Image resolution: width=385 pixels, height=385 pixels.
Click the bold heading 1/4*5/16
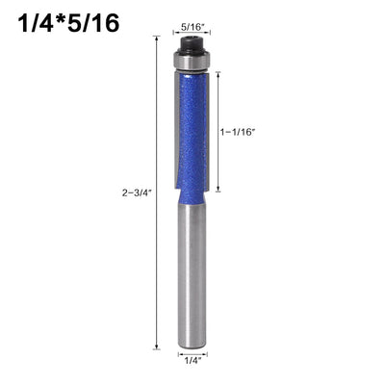pos(69,23)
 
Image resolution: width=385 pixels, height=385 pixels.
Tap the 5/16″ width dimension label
pos(192,27)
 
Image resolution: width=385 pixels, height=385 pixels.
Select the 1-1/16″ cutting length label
pos(237,132)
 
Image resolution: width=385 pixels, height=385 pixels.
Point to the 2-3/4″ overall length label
pos(137,192)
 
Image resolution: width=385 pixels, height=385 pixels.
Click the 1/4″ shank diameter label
pos(192,361)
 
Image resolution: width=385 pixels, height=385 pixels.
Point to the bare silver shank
pos(192,277)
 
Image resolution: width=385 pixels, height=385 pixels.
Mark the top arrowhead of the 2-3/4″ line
pos(157,38)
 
